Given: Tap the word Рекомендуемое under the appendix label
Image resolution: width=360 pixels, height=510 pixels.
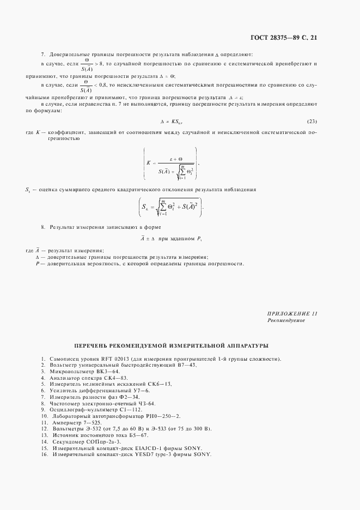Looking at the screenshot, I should pyautogui.click(x=286, y=321).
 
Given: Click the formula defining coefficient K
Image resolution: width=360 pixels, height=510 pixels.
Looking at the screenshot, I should pyautogui.click(x=170, y=163).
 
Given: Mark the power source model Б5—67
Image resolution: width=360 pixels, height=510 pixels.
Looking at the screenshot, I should pyautogui.click(x=134, y=435).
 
